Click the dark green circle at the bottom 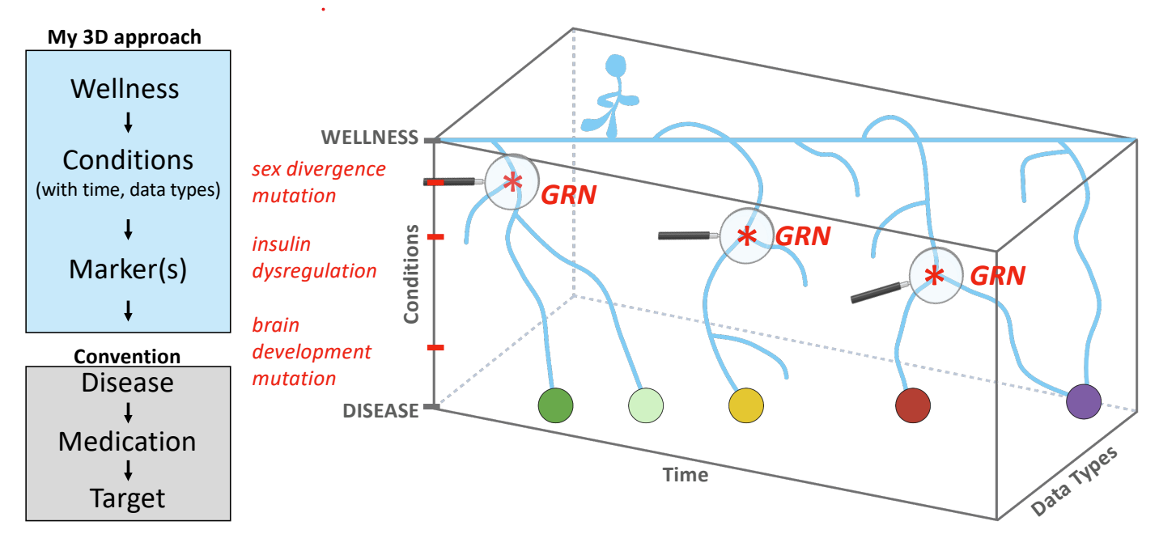tap(556, 405)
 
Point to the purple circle tap(1084, 401)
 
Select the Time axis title tap(685, 475)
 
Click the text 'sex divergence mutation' tap(317, 182)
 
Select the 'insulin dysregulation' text tap(313, 257)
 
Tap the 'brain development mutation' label tap(311, 352)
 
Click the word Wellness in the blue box tap(125, 88)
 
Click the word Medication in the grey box tap(127, 441)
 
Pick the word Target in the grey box tap(128, 498)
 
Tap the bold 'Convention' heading tap(127, 356)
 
